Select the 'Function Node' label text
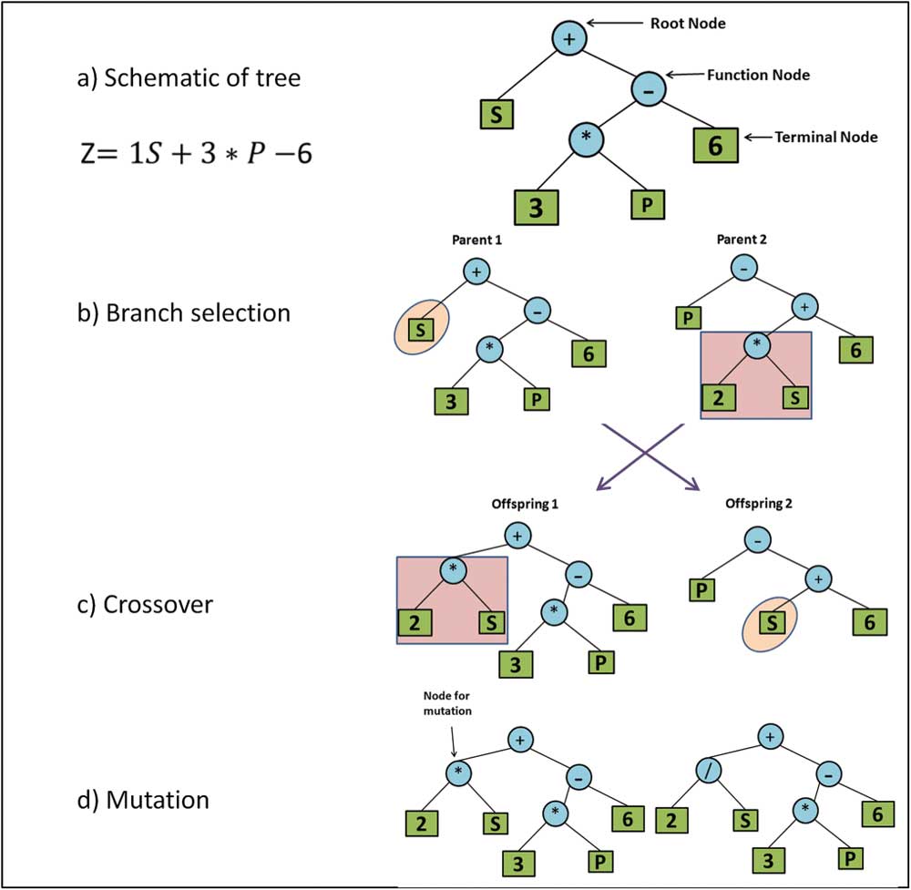758,75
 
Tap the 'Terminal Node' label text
825,137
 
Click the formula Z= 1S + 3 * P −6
195,153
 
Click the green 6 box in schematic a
715,146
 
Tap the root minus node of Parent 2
743,271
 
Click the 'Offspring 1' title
517,503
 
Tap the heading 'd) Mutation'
143,800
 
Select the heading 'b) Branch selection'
183,312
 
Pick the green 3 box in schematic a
536,206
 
